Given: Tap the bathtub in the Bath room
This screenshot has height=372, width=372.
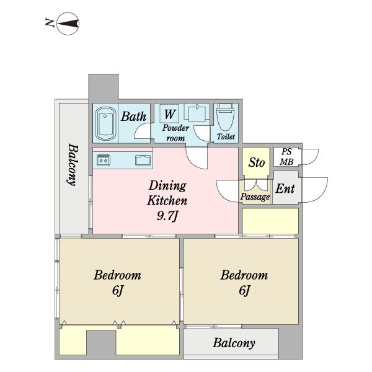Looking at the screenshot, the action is click(x=105, y=123).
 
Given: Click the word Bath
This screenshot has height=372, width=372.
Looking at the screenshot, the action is click(x=133, y=117).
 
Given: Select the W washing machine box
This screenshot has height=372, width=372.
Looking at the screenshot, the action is click(x=169, y=114).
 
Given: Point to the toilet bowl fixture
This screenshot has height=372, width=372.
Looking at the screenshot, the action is click(x=226, y=117).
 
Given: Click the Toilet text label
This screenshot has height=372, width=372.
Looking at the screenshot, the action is click(x=226, y=136).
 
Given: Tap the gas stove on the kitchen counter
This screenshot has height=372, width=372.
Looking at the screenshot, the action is click(x=104, y=161).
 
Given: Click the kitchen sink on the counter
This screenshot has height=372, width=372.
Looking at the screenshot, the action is click(x=143, y=161).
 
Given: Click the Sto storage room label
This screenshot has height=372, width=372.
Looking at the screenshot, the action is click(x=257, y=162).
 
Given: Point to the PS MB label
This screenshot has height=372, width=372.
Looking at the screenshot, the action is click(x=286, y=157).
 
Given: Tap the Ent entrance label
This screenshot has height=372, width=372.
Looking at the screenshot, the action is click(x=285, y=189).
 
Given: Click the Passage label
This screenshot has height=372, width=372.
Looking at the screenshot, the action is click(x=255, y=197).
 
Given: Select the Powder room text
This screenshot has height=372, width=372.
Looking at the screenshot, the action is click(x=175, y=133).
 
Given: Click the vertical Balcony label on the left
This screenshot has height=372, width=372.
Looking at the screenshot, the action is click(x=73, y=164).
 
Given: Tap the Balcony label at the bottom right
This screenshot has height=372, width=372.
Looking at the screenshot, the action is click(x=234, y=343).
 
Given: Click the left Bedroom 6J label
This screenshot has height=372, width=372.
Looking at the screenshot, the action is click(x=117, y=283).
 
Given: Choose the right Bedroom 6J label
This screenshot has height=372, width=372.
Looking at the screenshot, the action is click(x=244, y=283).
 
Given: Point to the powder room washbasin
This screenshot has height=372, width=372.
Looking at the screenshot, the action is click(x=197, y=113).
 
